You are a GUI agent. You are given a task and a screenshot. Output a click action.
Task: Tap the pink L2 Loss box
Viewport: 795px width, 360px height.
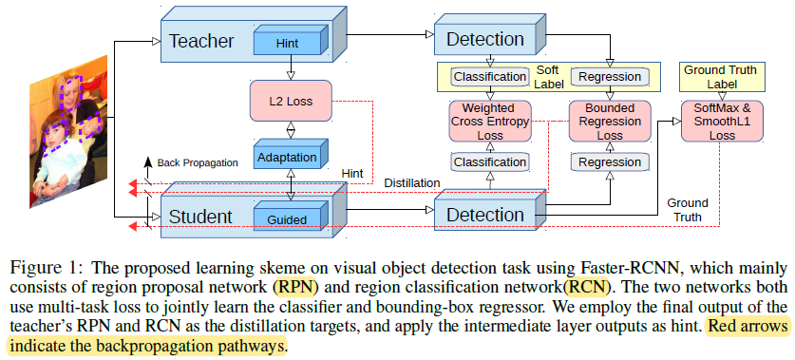291,100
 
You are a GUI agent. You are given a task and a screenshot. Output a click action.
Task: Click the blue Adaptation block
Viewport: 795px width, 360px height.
291,156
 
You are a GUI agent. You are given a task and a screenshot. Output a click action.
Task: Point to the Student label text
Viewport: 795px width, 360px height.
200,217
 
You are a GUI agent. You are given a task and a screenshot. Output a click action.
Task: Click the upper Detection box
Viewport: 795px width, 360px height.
485,39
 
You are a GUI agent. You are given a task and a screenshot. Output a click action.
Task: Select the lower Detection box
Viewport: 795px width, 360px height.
485,215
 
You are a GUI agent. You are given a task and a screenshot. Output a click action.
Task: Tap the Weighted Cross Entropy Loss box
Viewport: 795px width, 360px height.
490,122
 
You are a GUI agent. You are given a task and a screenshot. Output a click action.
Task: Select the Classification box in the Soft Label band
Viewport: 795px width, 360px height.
489,76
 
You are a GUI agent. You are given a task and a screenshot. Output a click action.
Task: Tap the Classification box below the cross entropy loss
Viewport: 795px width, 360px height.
490,162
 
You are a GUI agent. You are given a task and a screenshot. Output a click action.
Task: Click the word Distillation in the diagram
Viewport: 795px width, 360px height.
411,182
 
